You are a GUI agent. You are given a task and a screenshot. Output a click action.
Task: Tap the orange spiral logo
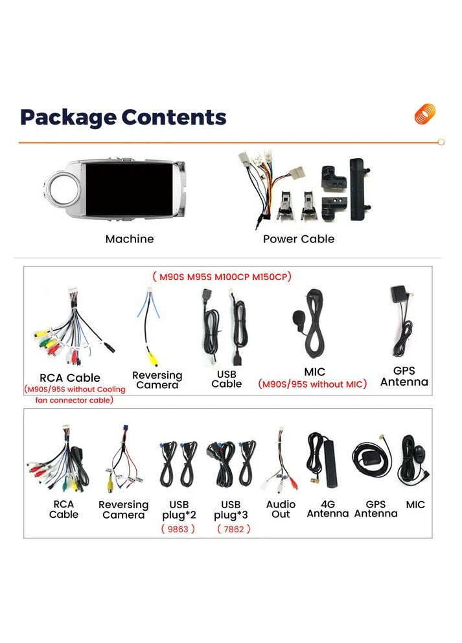click(424, 113)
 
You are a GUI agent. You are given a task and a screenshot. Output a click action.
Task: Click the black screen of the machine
click(129, 189)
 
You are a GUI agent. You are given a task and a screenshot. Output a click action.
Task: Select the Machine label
click(130, 239)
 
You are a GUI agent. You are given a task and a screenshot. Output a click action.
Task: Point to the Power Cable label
click(299, 239)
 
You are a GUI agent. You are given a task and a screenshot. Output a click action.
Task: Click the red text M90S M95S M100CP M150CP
click(222, 277)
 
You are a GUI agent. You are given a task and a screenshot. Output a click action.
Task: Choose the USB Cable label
click(227, 379)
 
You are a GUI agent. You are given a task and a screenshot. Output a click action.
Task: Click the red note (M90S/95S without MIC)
click(312, 384)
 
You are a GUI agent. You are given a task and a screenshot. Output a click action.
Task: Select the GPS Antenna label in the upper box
click(404, 377)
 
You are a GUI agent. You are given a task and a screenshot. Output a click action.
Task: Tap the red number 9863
click(178, 529)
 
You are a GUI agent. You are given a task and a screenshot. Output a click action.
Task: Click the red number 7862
click(234, 529)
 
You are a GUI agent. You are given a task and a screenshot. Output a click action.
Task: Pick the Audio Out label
click(281, 509)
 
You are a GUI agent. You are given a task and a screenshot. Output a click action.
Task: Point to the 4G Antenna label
click(328, 509)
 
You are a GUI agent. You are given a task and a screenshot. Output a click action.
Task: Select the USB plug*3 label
click(231, 509)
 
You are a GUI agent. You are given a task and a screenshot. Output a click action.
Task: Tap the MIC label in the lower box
click(415, 505)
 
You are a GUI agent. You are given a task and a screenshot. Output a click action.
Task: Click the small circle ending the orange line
click(441, 142)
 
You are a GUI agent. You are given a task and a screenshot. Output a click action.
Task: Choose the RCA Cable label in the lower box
click(64, 509)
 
